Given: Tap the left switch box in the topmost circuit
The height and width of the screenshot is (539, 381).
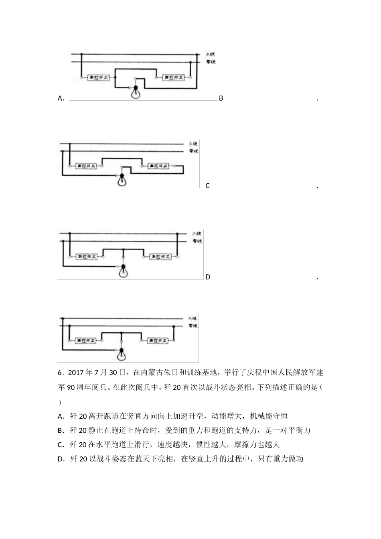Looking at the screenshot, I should pyautogui.click(x=99, y=77).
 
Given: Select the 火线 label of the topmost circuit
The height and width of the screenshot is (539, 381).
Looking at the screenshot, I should pyautogui.click(x=211, y=54).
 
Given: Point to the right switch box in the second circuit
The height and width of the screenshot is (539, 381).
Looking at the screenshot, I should pyautogui.click(x=158, y=166).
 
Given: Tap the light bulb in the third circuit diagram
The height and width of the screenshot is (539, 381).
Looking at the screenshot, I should pyautogui.click(x=123, y=271).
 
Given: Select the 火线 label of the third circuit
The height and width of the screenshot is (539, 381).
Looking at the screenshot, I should pyautogui.click(x=196, y=233).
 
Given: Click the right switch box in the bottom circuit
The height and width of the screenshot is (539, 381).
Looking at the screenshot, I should pyautogui.click(x=156, y=340).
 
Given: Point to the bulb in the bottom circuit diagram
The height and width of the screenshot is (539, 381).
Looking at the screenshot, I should pyautogui.click(x=121, y=354).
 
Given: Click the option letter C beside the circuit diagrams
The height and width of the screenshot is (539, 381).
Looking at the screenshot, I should pyautogui.click(x=207, y=186).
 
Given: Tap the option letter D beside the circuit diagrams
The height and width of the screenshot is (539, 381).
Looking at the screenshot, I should pyautogui.click(x=208, y=277).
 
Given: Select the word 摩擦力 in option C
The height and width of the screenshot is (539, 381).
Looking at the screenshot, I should pyautogui.click(x=254, y=444).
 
